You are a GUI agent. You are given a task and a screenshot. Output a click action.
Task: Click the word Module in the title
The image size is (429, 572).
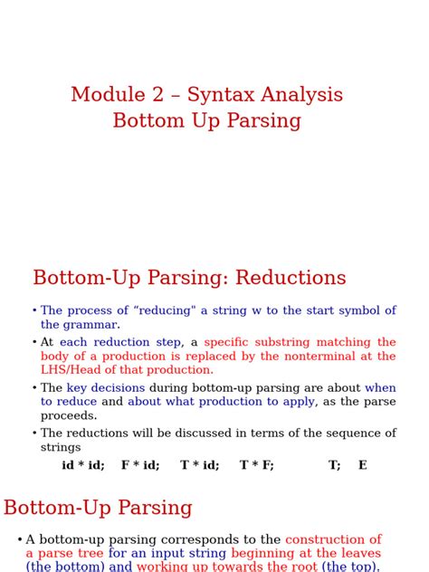point(108,94)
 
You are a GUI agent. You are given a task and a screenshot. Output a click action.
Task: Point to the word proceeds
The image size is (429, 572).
point(69,415)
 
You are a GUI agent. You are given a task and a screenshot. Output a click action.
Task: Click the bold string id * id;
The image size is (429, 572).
point(83,465)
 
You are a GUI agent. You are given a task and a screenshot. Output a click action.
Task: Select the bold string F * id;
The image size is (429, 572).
point(140,465)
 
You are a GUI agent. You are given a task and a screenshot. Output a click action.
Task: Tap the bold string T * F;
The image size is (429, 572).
point(257,465)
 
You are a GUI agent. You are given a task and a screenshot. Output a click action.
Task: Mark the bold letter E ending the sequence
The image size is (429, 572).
point(363,465)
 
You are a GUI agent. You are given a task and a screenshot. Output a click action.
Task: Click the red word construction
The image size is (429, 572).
point(333,539)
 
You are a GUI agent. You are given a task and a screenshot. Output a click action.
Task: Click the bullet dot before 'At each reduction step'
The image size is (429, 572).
point(34,343)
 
